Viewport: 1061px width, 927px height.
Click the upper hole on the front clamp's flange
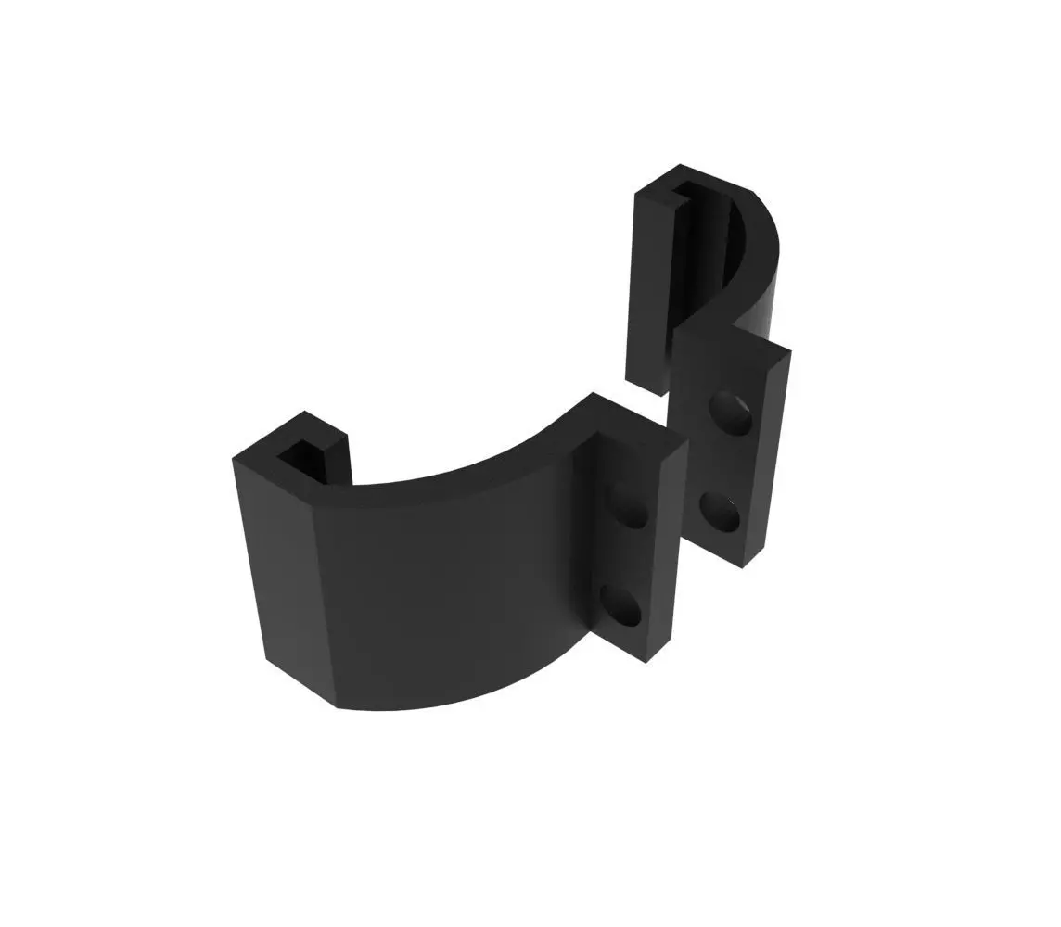[631, 509]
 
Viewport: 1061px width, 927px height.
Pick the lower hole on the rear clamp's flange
[720, 511]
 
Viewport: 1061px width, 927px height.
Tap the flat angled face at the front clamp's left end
[283, 565]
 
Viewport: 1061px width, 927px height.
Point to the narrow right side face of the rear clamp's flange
[775, 454]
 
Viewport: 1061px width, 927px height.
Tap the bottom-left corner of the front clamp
[268, 659]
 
